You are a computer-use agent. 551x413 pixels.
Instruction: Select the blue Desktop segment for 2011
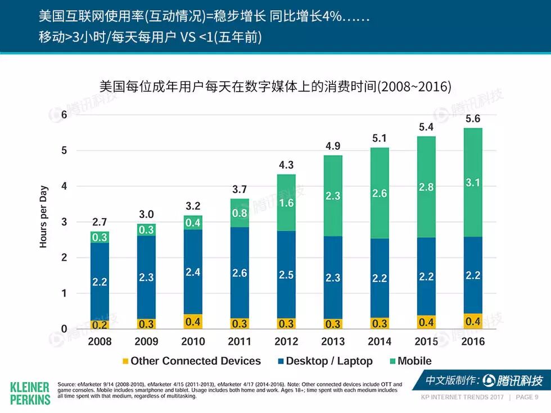tap(240, 273)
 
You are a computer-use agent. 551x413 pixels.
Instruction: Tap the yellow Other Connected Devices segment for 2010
tap(193, 321)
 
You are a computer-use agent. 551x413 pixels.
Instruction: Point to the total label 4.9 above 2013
tap(333, 147)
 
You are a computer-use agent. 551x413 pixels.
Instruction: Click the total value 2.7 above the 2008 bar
tap(100, 223)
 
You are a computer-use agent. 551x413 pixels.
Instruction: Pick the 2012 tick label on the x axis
tap(286, 341)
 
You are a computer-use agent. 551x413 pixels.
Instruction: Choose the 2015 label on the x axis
tap(426, 341)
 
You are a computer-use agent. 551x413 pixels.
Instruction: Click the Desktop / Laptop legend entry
tap(324, 361)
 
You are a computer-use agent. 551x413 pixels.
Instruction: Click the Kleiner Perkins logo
tap(30, 393)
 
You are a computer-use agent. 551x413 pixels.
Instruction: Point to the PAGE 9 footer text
tap(527, 397)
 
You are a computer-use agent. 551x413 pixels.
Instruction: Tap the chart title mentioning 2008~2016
tap(275, 87)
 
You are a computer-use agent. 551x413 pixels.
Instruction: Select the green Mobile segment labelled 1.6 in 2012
tap(286, 203)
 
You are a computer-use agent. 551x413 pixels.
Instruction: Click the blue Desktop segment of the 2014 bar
tap(380, 278)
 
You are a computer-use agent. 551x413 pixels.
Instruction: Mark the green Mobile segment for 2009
tap(146, 230)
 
